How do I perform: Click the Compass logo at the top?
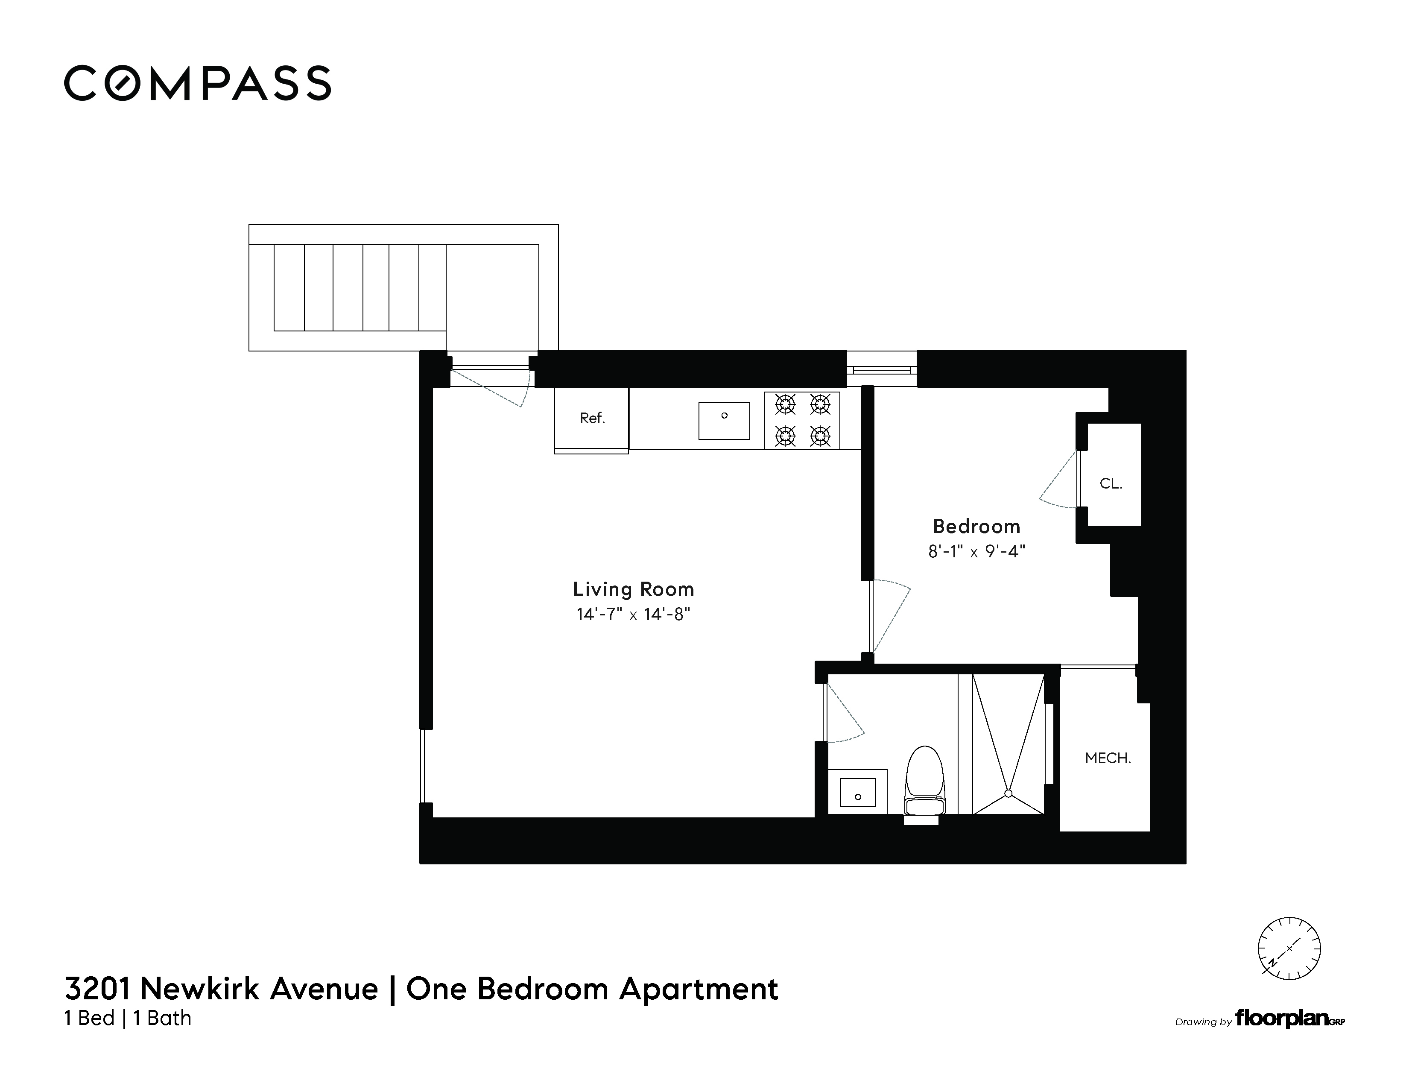(197, 83)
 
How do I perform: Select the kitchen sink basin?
(724, 420)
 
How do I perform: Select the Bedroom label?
(976, 527)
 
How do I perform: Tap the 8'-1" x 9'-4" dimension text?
(976, 552)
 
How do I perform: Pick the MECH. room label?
(1108, 758)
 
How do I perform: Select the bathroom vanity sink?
(857, 792)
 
